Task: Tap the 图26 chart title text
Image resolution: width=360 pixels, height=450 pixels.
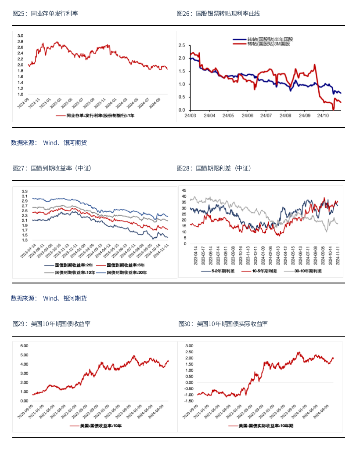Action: pos(218,14)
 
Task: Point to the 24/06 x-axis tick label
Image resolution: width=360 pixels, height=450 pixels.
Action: pos(247,116)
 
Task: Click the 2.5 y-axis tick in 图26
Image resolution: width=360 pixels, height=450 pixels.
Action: pos(182,45)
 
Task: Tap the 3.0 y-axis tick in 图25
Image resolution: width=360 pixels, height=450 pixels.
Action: pos(20,35)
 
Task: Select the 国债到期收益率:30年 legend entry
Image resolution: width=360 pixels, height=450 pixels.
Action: pos(124,272)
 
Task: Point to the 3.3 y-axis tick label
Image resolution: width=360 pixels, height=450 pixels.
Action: pos(25,191)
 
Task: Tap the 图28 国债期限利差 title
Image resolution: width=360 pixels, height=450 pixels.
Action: pos(214,168)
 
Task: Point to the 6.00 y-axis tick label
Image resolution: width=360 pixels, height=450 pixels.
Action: pos(25,346)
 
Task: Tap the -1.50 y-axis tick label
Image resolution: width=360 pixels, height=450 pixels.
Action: pos(189,401)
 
